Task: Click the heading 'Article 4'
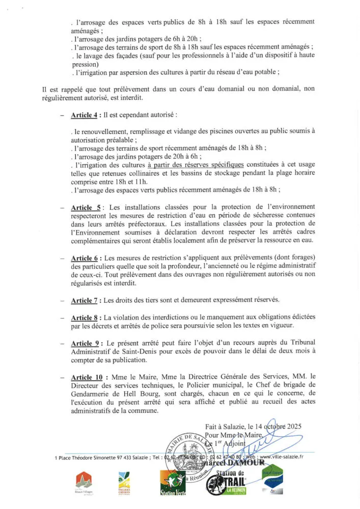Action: point(84,116)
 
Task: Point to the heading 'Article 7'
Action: point(84,300)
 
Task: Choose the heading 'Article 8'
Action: point(84,318)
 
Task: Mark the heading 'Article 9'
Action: point(84,343)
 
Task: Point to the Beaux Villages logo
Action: point(84,483)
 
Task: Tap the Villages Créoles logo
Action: point(124,483)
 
